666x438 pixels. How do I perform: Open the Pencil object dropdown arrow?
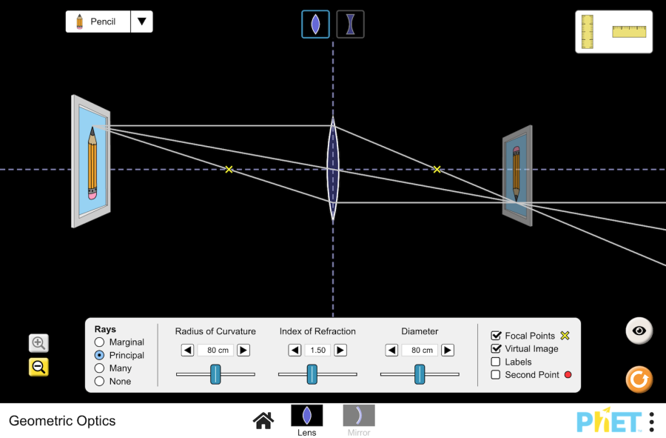pyautogui.click(x=141, y=21)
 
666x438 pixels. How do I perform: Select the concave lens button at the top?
pyautogui.click(x=350, y=24)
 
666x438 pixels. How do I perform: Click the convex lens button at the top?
pyautogui.click(x=315, y=24)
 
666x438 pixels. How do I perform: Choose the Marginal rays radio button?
pyautogui.click(x=99, y=342)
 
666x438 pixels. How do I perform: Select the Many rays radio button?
pyautogui.click(x=99, y=368)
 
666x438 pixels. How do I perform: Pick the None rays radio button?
pyautogui.click(x=99, y=381)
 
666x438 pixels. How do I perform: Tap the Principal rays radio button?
pyautogui.click(x=99, y=355)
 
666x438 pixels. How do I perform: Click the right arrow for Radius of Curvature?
pyautogui.click(x=243, y=350)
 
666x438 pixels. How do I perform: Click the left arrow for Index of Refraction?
pyautogui.click(x=295, y=350)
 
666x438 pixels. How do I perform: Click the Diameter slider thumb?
pyautogui.click(x=420, y=374)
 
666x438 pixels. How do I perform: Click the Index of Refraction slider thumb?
pyautogui.click(x=312, y=374)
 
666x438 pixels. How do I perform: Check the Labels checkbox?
pyautogui.click(x=496, y=362)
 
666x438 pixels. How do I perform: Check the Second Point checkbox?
pyautogui.click(x=496, y=375)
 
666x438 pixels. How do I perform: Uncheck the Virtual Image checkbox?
pyautogui.click(x=496, y=348)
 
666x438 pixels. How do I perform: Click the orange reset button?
pyautogui.click(x=639, y=379)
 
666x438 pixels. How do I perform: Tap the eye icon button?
pyautogui.click(x=639, y=331)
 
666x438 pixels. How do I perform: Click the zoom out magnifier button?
pyautogui.click(x=38, y=367)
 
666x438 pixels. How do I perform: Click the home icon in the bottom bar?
pyautogui.click(x=263, y=420)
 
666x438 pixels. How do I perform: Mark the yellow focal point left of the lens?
pyautogui.click(x=229, y=170)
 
